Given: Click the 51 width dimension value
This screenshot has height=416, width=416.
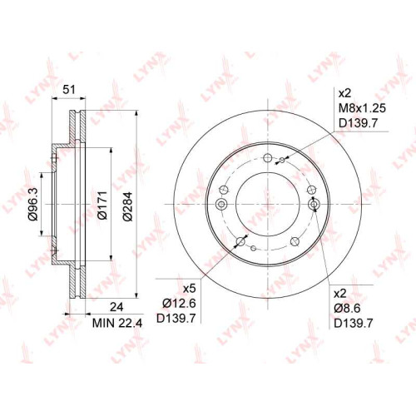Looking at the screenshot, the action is click(x=69, y=90).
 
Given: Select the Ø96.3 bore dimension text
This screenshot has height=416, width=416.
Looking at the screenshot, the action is click(x=33, y=204).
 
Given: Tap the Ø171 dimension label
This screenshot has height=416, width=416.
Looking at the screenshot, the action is click(x=102, y=206).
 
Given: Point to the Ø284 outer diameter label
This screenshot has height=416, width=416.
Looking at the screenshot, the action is click(x=128, y=206).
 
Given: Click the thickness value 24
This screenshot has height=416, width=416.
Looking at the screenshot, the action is click(x=116, y=307).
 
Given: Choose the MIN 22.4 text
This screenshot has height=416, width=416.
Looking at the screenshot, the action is click(x=117, y=323).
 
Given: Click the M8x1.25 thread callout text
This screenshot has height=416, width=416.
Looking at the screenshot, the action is click(x=362, y=108).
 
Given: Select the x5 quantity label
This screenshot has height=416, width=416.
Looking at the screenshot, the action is click(x=190, y=289).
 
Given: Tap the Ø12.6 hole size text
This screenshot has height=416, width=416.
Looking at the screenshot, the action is click(x=179, y=303).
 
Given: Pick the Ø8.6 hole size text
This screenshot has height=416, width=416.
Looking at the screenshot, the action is click(x=347, y=308).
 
